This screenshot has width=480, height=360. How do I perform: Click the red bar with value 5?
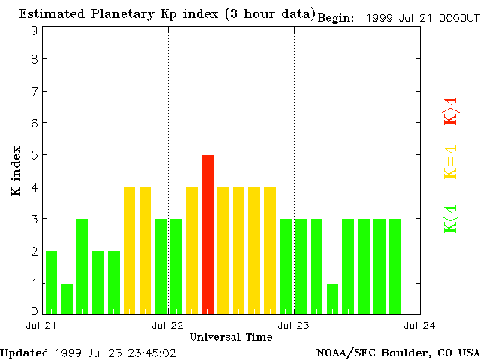[x=208, y=234]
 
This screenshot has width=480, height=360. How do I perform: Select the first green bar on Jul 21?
[x=51, y=282]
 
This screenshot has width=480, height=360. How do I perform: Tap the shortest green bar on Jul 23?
[x=332, y=298]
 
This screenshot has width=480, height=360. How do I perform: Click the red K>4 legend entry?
[x=450, y=110]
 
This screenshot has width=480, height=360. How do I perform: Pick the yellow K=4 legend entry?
[x=450, y=162]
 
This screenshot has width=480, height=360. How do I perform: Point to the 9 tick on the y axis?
[x=34, y=31]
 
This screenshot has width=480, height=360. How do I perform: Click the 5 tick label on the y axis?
[x=34, y=155]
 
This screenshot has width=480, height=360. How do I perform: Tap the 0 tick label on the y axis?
[x=34, y=310]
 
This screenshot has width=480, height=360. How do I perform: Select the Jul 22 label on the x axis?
[x=168, y=325]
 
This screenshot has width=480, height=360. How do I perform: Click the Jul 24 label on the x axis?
[x=420, y=325]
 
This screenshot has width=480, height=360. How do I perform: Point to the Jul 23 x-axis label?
[x=294, y=325]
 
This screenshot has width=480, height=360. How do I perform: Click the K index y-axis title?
[x=16, y=171]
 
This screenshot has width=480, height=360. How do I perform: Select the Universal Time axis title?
[x=231, y=337]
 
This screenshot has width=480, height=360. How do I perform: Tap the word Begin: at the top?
[x=336, y=18]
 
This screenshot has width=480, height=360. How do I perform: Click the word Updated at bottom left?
[x=23, y=352]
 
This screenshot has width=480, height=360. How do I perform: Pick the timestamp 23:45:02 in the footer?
[x=151, y=352]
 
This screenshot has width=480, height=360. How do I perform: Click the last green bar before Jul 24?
[x=394, y=266]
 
